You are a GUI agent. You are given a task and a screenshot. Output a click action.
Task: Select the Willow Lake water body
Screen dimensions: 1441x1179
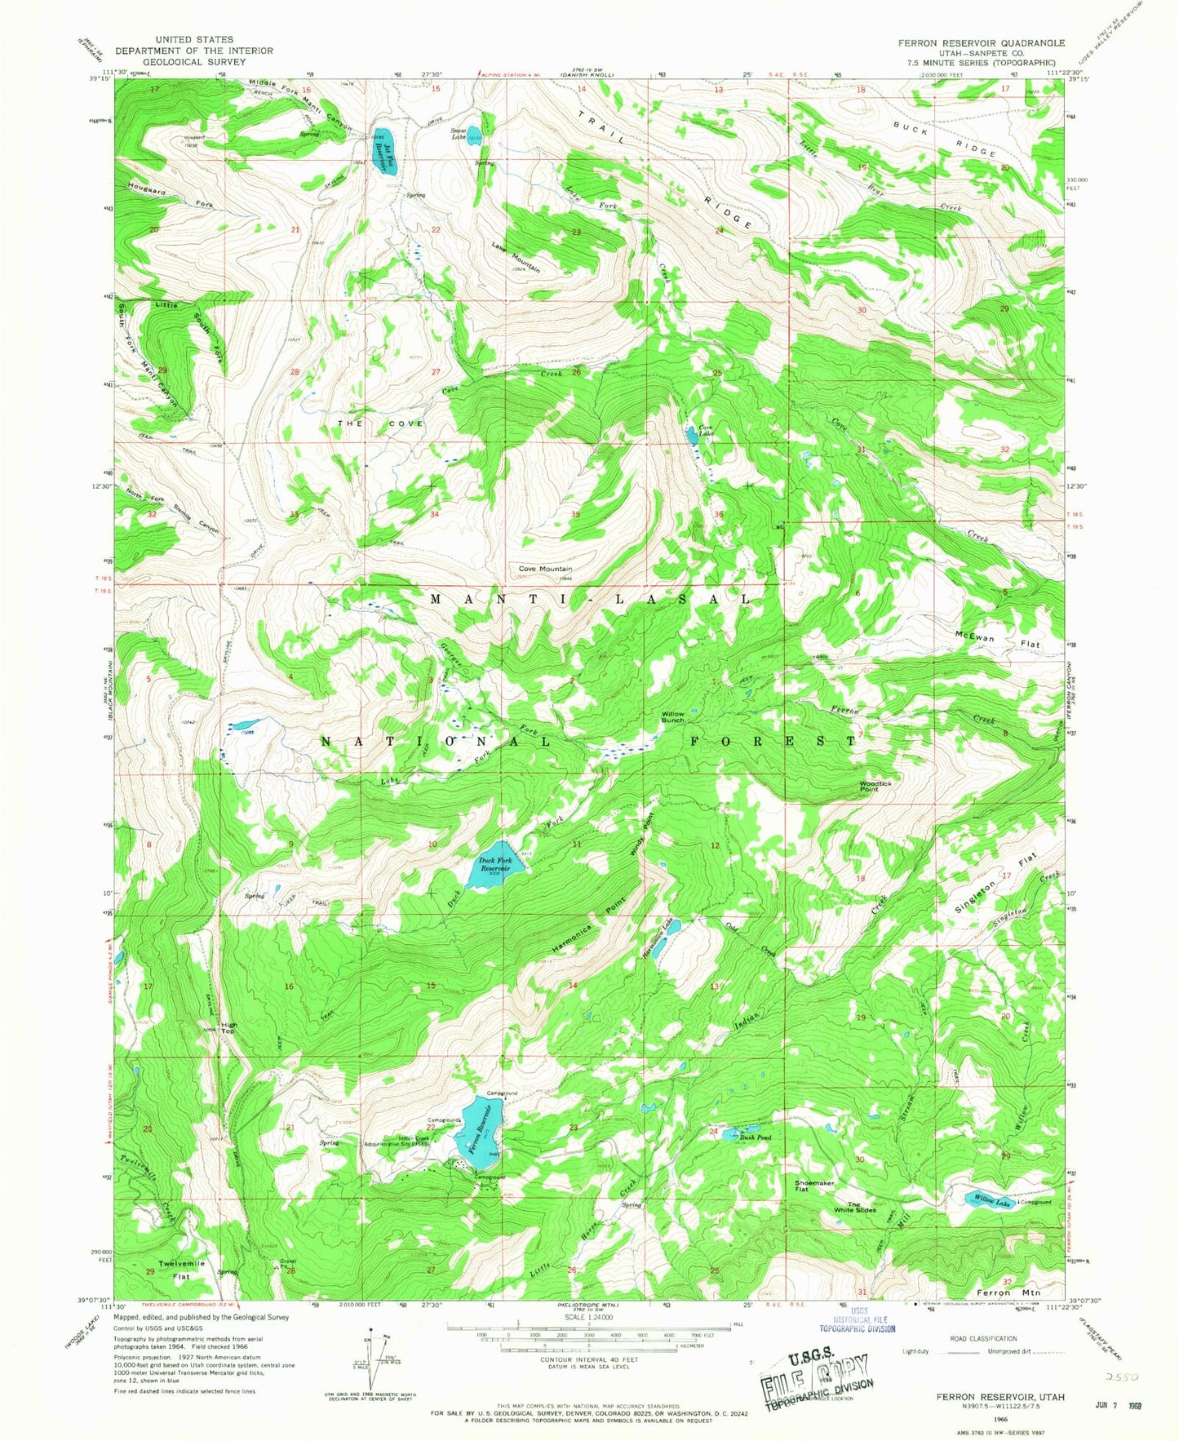pos(989,1200)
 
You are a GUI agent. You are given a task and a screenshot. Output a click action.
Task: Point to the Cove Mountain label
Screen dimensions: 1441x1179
pos(545,569)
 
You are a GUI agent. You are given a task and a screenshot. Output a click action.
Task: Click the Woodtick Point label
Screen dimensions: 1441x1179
pos(875,787)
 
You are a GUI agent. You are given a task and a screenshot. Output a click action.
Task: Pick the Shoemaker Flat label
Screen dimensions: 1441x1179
pos(814,1186)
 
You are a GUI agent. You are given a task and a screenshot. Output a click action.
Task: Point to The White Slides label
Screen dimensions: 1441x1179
pos(862,1207)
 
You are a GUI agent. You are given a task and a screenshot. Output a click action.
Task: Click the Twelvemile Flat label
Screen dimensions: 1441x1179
pos(181,1270)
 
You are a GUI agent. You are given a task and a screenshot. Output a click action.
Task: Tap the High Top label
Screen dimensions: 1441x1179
pos(228,1027)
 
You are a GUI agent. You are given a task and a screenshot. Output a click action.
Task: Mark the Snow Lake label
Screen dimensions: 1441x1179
pos(459,133)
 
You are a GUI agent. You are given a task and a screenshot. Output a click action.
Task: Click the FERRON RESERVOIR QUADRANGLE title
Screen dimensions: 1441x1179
pos(981,42)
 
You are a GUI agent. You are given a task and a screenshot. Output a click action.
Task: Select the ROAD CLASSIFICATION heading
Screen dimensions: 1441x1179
pos(983,1338)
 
